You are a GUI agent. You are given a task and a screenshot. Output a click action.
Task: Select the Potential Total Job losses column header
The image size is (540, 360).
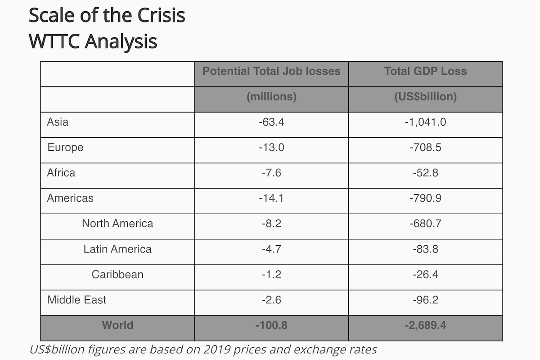pos(271,71)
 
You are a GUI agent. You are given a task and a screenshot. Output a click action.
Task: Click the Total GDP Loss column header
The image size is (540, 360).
pos(425,71)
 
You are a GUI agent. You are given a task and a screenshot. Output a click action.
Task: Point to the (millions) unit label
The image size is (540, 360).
pos(271,97)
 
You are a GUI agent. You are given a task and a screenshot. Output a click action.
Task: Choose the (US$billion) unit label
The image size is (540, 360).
pos(425,97)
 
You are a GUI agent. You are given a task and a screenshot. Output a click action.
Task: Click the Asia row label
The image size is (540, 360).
pos(58,121)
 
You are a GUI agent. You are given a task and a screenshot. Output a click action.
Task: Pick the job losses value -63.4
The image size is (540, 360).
pos(271,122)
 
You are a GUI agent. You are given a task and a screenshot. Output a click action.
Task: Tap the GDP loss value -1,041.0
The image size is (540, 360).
pos(425,122)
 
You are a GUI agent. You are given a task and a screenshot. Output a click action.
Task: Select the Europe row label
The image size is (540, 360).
pos(65,147)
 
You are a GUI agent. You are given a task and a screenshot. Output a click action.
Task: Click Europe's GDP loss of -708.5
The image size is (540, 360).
pos(425,148)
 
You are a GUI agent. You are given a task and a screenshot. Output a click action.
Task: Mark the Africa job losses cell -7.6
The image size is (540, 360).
pos(271,173)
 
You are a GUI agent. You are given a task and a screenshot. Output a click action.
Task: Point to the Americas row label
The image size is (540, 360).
pos(70,198)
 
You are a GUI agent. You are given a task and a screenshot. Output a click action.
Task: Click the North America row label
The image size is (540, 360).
pos(117,224)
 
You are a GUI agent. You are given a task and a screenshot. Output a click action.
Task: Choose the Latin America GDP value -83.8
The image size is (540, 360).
pos(425,249)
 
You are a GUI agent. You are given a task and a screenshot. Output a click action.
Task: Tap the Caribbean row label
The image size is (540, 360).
pos(117,274)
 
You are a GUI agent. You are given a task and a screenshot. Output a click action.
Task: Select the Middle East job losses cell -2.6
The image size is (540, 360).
pos(271,300)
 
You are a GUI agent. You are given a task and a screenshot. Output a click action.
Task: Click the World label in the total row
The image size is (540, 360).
pos(117,325)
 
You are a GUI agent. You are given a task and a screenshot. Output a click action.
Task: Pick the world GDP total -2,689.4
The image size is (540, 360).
pos(425,325)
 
